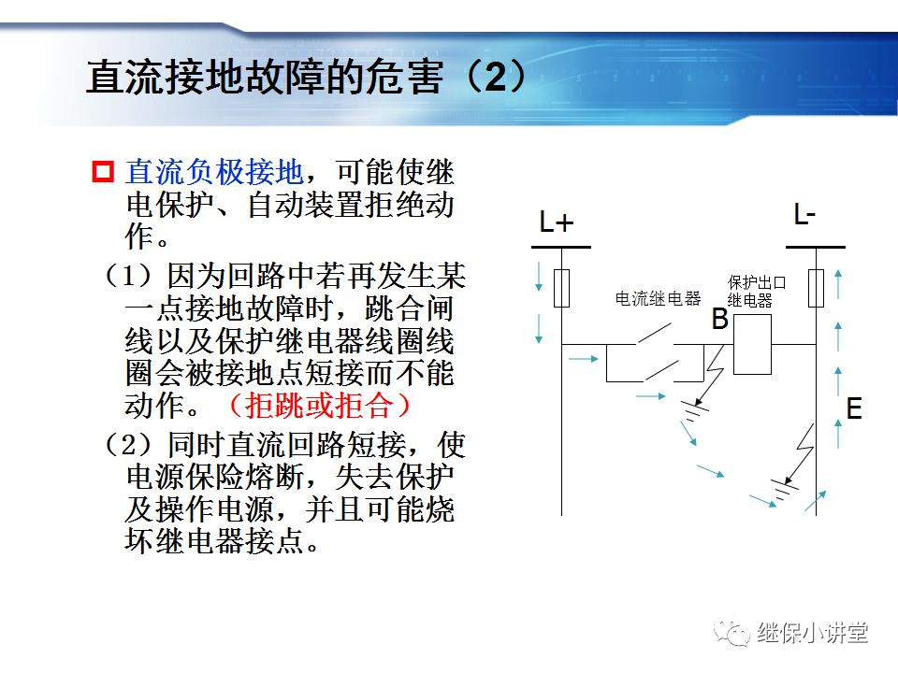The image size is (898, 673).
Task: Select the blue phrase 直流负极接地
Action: click(214, 172)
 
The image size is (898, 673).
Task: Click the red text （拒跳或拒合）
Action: click(319, 404)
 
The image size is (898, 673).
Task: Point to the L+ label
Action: click(557, 222)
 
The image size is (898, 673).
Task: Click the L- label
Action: click(804, 216)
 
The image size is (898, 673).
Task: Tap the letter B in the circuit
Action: click(719, 320)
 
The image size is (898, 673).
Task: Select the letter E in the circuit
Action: click(853, 409)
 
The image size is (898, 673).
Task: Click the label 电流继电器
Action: click(658, 299)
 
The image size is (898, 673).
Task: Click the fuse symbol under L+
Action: click(561, 288)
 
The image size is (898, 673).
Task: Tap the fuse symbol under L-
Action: click(816, 288)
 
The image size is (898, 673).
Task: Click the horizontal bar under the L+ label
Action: click(561, 247)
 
